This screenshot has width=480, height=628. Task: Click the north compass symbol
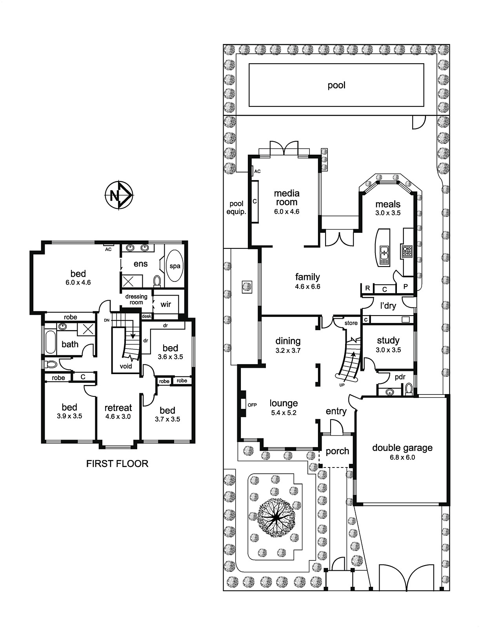[119, 195]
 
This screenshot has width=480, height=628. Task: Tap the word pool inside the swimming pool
[336, 86]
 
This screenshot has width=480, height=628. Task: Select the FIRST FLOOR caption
[117, 464]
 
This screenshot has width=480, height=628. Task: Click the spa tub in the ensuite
[175, 266]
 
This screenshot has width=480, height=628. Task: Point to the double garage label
[402, 448]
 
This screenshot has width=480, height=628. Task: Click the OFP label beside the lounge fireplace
[252, 405]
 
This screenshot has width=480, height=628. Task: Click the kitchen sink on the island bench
[384, 254]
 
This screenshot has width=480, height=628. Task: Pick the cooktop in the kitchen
[407, 251]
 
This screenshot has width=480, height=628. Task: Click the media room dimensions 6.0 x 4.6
[287, 212]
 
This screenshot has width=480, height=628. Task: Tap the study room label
[388, 340]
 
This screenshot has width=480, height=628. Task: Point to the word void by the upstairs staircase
[126, 366]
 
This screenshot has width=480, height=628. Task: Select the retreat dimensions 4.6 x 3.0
[118, 416]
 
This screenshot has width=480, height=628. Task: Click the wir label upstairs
[166, 304]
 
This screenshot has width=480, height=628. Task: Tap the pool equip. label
[236, 208]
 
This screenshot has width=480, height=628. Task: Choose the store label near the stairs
[351, 323]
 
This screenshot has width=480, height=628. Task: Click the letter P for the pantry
[405, 287]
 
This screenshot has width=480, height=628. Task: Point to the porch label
[337, 451]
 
